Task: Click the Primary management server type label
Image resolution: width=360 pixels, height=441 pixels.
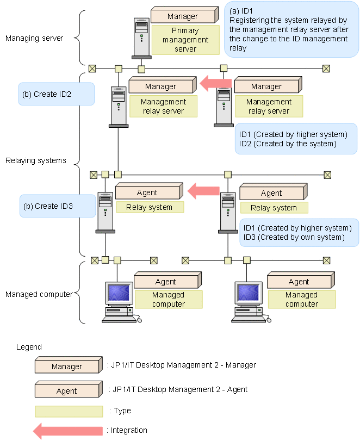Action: (x=185, y=40)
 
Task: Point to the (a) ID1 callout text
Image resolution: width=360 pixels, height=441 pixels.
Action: (x=291, y=29)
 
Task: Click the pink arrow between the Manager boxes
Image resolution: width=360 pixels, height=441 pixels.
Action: (x=215, y=84)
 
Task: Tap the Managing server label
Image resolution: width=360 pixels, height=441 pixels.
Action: (x=34, y=38)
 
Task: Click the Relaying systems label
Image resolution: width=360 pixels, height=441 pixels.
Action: (x=36, y=160)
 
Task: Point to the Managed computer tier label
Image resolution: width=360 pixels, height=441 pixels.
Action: (x=39, y=294)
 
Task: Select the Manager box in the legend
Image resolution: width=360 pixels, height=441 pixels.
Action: (x=67, y=366)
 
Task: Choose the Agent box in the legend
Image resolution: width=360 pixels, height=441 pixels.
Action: (x=67, y=390)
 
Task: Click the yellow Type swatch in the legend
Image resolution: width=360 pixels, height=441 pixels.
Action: (x=69, y=411)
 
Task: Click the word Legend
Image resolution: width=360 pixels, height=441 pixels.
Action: (x=29, y=346)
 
